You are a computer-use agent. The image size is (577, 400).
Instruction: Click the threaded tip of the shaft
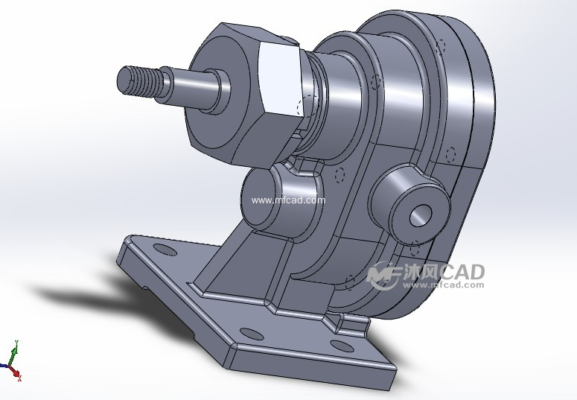[137, 80]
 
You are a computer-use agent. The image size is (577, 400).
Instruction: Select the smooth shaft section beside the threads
[190, 89]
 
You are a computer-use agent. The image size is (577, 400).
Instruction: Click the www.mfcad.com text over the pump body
[288, 200]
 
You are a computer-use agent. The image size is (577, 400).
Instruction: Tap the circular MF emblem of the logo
[380, 275]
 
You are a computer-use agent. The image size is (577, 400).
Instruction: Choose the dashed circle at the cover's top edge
[441, 46]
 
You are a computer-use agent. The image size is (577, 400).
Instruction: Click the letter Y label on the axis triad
[16, 343]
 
